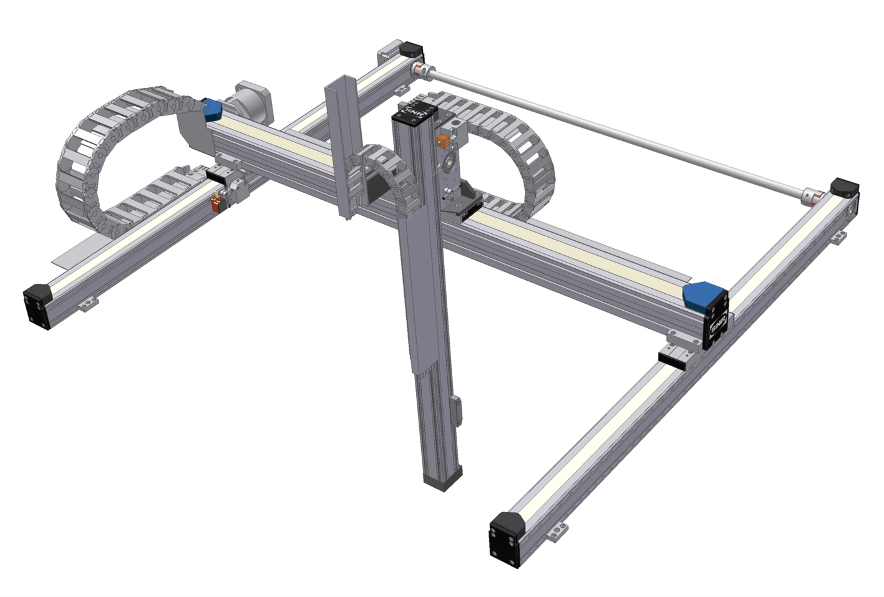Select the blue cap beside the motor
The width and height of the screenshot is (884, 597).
(212, 110)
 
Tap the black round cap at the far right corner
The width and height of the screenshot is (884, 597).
(845, 187)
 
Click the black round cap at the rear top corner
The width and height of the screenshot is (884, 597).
(412, 49)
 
